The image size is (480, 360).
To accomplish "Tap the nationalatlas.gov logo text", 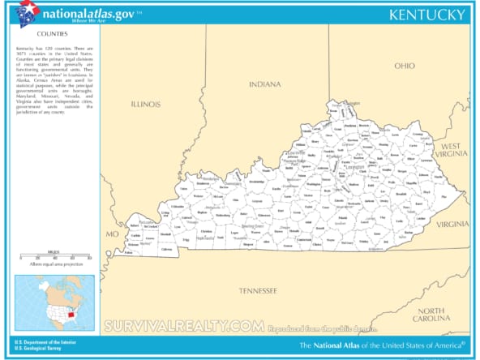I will [x=77, y=12].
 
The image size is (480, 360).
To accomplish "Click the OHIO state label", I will [x=404, y=66].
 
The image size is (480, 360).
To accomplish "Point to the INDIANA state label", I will [x=264, y=84].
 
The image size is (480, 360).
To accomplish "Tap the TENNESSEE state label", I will [x=258, y=290].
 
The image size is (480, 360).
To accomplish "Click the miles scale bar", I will [x=54, y=258].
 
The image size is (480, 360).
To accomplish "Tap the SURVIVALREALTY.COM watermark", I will [x=184, y=326].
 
